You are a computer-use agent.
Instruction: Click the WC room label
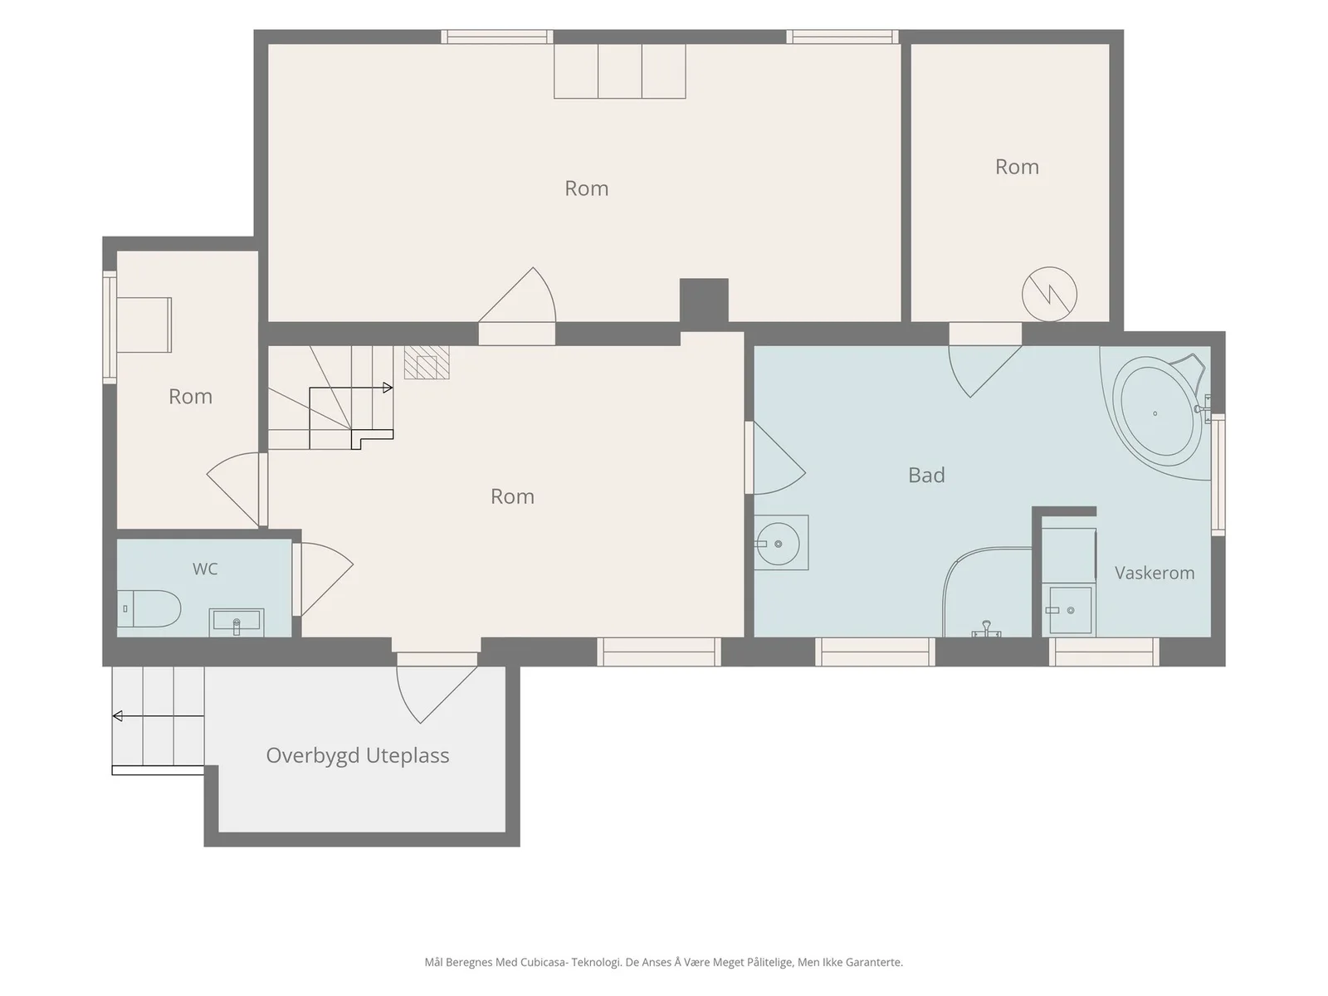204,569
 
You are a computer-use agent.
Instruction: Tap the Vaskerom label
1155,573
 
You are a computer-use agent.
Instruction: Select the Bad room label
926,475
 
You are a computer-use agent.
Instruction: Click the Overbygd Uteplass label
358,755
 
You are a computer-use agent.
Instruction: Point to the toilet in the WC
149,608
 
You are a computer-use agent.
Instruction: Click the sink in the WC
237,622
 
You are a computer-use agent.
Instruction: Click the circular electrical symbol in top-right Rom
1049,295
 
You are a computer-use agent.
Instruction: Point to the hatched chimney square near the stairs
427,362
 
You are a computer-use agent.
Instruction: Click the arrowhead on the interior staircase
388,388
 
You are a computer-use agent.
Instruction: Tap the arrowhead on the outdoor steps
117,716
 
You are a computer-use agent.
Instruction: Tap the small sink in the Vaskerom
1070,610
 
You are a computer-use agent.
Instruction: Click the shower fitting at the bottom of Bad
986,629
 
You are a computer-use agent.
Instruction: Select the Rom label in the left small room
191,397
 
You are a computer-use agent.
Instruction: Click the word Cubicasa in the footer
544,962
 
